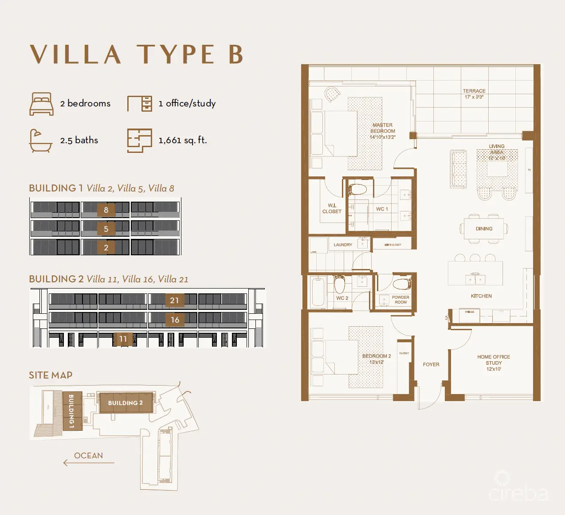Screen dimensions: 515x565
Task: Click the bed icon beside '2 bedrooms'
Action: (x=41, y=104)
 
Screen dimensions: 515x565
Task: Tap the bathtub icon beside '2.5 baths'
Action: (x=40, y=140)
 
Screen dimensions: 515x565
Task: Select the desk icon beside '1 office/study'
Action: (x=140, y=104)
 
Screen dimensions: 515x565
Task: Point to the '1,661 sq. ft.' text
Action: (x=183, y=140)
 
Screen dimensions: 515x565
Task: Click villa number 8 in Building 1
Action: (x=106, y=210)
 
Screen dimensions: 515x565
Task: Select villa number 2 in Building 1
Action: (x=106, y=247)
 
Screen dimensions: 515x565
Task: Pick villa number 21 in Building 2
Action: (x=174, y=300)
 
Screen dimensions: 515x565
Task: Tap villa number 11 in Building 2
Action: (x=123, y=339)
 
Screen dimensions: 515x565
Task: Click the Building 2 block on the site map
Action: (x=126, y=403)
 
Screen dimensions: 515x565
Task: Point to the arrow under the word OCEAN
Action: (x=88, y=463)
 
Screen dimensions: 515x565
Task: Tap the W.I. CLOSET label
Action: (x=332, y=208)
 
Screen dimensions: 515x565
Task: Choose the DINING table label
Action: (x=484, y=229)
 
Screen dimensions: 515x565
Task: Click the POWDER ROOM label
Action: (x=400, y=300)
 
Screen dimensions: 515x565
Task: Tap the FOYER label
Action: (x=431, y=364)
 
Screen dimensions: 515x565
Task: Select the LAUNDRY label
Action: (x=343, y=245)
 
